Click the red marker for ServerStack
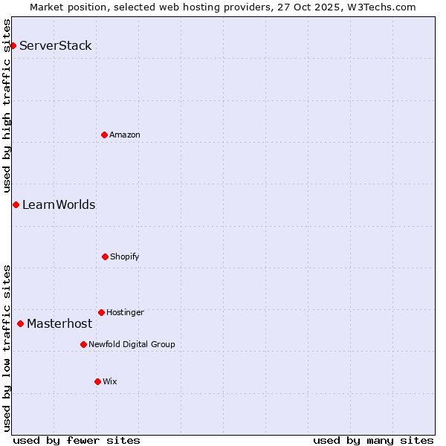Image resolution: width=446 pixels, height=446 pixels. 13,46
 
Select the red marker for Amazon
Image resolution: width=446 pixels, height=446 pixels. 105,135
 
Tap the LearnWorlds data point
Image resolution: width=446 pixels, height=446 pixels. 16,204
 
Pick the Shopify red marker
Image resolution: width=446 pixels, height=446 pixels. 105,256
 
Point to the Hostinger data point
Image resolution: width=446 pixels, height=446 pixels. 101,312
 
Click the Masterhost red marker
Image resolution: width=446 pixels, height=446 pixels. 20,323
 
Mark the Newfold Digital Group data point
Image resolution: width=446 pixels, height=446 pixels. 83,344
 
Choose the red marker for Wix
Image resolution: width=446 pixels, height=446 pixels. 97,381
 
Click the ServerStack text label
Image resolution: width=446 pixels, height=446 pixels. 56,46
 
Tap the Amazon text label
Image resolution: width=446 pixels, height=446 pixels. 125,135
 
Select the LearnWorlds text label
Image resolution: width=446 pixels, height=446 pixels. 59,205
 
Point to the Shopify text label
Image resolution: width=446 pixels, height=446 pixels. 125,256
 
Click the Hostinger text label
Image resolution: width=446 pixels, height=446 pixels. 125,312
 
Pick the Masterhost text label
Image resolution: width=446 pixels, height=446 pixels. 59,324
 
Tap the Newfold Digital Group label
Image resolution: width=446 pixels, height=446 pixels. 132,344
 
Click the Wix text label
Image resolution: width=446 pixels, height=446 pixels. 110,381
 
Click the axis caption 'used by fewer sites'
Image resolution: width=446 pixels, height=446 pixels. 77,440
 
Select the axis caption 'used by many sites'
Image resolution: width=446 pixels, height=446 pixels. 373,440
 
